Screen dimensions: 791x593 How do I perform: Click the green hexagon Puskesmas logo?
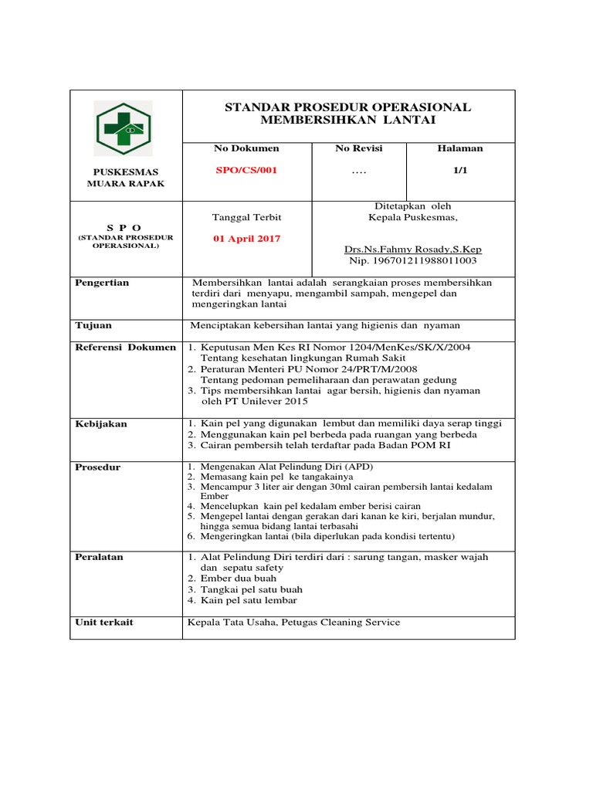click(124, 128)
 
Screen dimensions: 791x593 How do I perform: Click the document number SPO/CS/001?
click(246, 171)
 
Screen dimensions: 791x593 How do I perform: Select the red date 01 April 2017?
click(247, 239)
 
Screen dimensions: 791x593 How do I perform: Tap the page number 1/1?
click(461, 171)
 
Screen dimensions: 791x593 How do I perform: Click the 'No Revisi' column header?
click(358, 148)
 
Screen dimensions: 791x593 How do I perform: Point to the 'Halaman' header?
click(460, 148)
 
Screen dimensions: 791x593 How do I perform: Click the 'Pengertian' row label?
click(102, 283)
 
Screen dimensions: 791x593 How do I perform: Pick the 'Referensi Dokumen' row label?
click(125, 348)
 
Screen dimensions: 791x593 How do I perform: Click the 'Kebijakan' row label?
click(101, 424)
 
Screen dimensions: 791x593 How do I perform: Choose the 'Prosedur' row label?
click(98, 467)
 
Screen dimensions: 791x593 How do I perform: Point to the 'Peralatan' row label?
click(99, 557)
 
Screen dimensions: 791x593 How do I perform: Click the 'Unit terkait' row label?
click(103, 623)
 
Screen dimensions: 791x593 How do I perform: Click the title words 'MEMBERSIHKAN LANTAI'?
click(347, 121)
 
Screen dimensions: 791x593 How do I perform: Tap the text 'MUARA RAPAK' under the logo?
click(124, 184)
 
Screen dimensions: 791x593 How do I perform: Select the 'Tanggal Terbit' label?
click(246, 217)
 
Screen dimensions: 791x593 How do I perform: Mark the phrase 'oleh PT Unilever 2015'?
click(254, 402)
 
